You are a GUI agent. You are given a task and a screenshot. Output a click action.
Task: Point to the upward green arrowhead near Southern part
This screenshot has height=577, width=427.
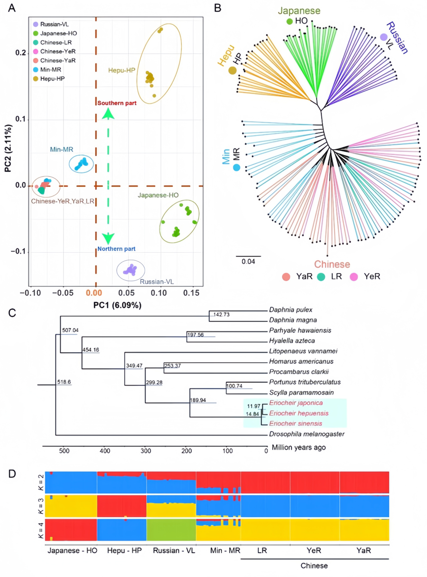(108, 114)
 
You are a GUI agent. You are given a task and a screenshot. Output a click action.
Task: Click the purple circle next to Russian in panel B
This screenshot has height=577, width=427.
(383, 37)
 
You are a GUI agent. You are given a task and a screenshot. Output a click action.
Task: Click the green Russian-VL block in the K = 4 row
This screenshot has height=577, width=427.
(171, 530)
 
